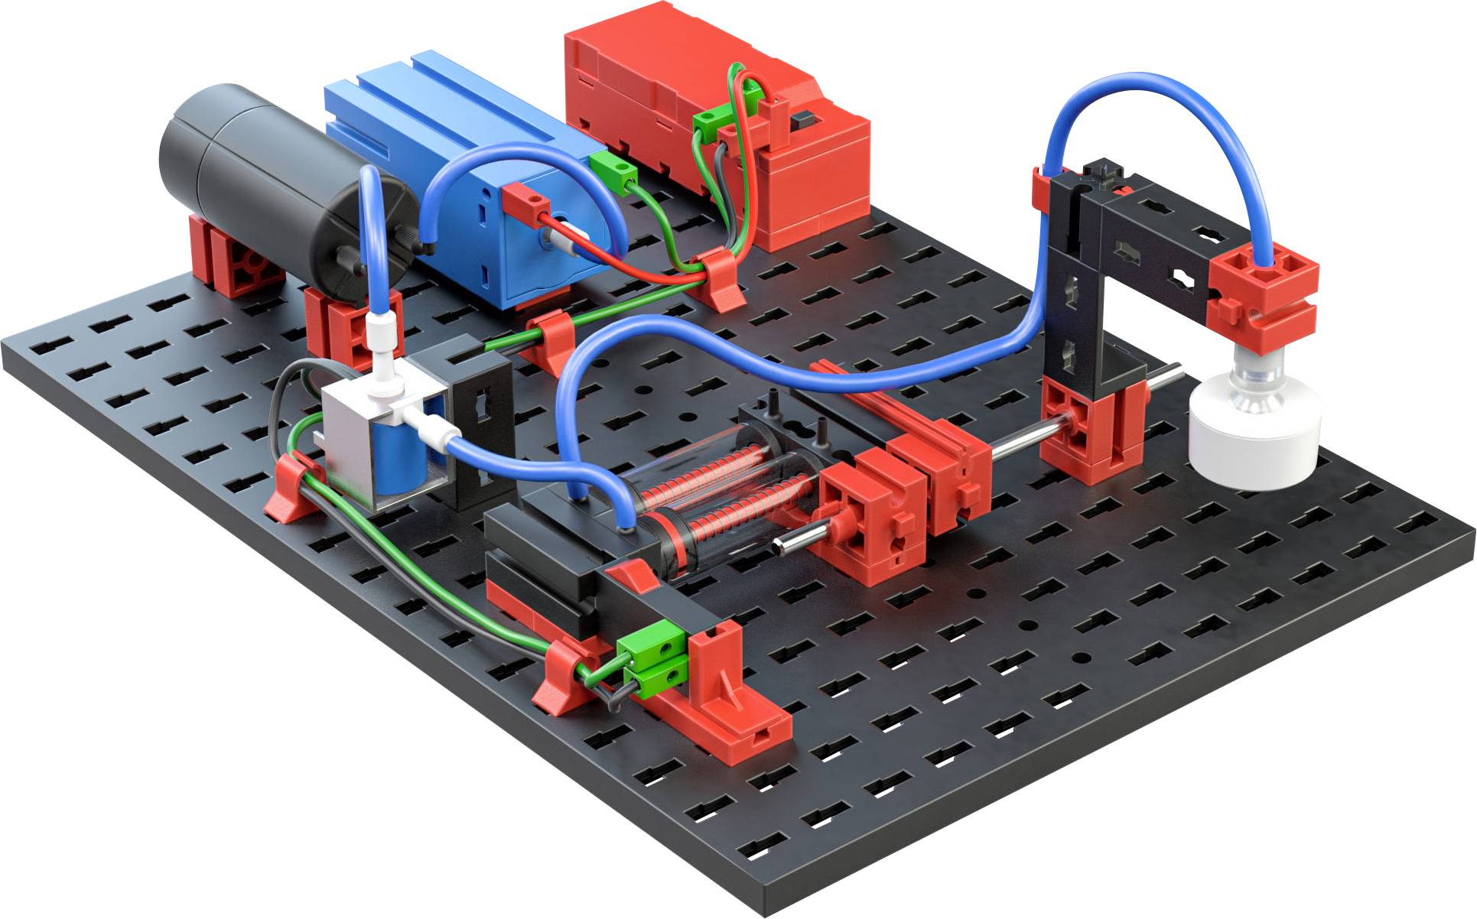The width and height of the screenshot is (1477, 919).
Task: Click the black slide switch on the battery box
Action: [x=802, y=120]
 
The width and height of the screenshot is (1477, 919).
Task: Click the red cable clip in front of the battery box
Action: [x=720, y=279]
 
